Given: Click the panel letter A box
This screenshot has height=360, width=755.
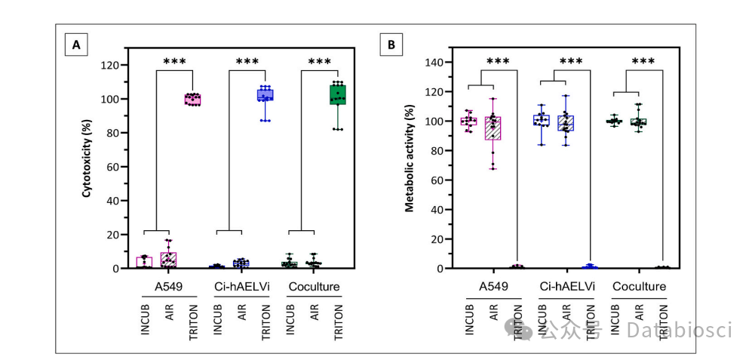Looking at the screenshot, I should tap(75, 45).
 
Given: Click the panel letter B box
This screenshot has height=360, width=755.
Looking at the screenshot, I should tap(391, 45).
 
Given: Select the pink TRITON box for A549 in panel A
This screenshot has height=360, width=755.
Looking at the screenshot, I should tap(193, 100).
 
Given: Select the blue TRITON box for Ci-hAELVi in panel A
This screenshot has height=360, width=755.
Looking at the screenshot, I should tap(265, 94).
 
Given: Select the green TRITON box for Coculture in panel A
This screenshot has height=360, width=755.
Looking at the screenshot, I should tap(337, 94).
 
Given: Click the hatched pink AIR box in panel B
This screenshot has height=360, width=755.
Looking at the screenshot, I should tap(493, 128).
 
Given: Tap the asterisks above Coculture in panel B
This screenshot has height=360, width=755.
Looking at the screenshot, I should tap(643, 61).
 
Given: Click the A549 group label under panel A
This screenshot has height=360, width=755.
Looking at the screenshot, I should tap(168, 288).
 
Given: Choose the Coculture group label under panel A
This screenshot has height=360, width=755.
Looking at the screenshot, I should tap(313, 288).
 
